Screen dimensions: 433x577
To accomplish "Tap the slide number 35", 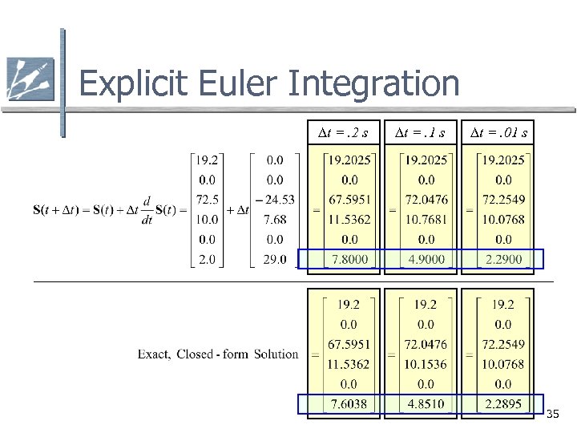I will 553,415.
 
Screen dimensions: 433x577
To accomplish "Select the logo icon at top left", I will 30,79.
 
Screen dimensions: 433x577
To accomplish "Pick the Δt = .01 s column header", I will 498,132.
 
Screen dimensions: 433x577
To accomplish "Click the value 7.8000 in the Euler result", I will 350,260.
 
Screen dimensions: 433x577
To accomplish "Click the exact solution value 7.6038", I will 349,403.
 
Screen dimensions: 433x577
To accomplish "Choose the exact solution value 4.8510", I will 426,403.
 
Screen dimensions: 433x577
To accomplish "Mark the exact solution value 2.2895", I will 503,403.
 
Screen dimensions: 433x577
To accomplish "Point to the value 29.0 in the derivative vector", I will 274,260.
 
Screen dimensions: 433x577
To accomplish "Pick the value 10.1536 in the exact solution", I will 426,364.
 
